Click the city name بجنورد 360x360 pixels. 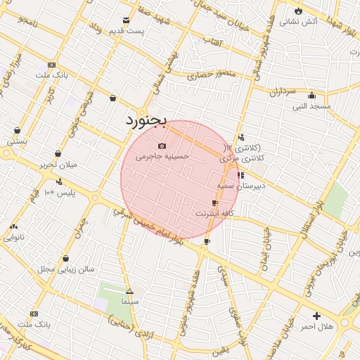pyautogui.click(x=146, y=121)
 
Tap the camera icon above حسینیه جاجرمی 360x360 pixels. pyautogui.click(x=162, y=146)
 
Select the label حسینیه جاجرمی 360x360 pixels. pyautogui.click(x=162, y=156)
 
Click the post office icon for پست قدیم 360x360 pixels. pyautogui.click(x=126, y=20)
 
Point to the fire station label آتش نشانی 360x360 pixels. pyautogui.click(x=298, y=22)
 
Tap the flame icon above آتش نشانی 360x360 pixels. pyautogui.click(x=298, y=11)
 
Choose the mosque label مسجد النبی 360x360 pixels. pyautogui.click(x=312, y=106)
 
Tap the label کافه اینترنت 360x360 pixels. pyautogui.click(x=213, y=212)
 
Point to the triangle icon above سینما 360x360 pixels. pyautogui.click(x=129, y=291)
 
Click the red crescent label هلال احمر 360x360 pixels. pyautogui.click(x=316, y=327)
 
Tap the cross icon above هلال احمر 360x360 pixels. pyautogui.click(x=316, y=316)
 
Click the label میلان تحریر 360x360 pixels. pyautogui.click(x=58, y=165)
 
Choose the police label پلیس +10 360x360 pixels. pyautogui.click(x=59, y=192)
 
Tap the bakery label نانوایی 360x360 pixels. pyautogui.click(x=13, y=237)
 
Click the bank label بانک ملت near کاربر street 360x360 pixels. pyautogui.click(x=51, y=75)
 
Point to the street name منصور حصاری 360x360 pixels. pyautogui.click(x=208, y=72)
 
